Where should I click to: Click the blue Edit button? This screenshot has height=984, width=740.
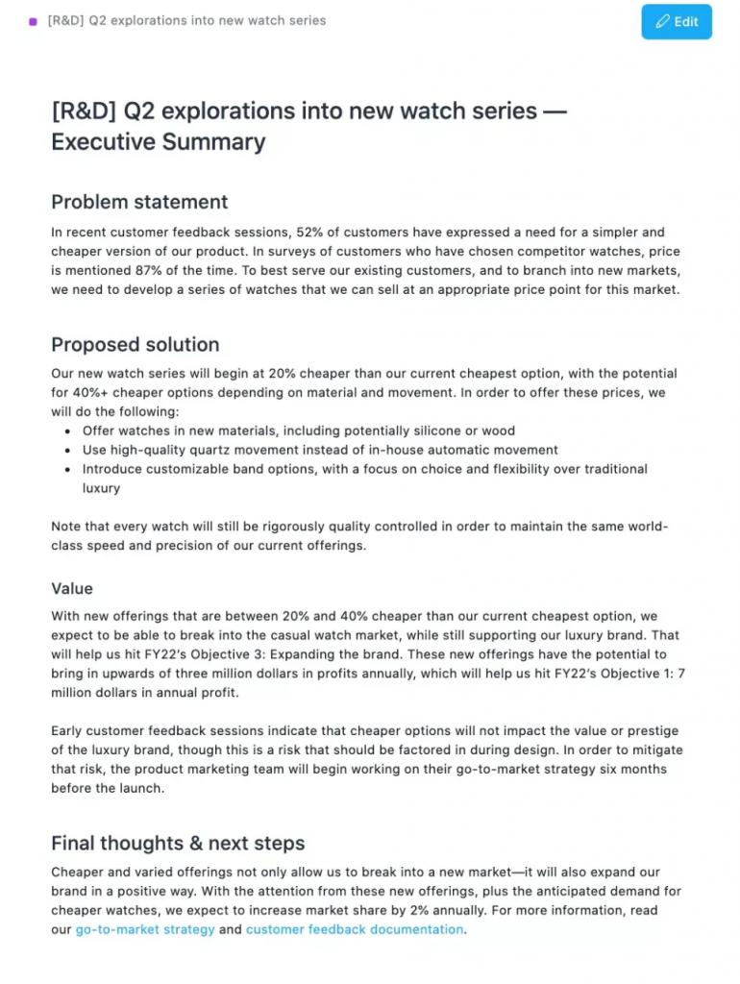[x=677, y=21]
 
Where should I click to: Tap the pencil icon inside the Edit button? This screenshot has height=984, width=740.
[x=662, y=21]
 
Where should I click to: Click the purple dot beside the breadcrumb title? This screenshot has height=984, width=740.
[x=34, y=21]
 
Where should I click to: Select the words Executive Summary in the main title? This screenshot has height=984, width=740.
[x=158, y=142]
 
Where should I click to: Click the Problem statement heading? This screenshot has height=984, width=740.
[x=139, y=202]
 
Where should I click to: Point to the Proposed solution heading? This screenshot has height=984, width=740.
[x=135, y=345]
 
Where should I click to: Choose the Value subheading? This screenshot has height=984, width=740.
[x=72, y=588]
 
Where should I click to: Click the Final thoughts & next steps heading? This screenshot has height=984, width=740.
[x=178, y=844]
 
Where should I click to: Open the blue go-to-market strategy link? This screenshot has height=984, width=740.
[x=145, y=929]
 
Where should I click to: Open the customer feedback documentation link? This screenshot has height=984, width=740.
[x=355, y=929]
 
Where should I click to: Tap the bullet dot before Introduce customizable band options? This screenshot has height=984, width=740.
[x=67, y=470]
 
